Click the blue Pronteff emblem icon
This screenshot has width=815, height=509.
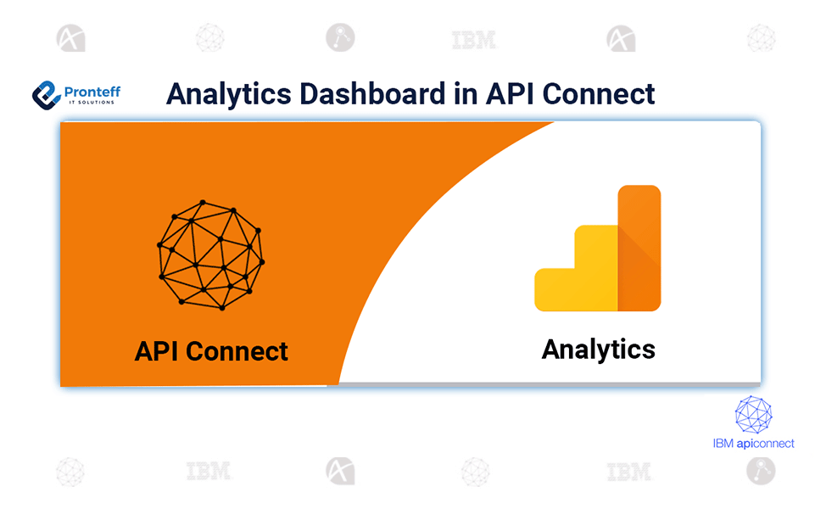coord(47,95)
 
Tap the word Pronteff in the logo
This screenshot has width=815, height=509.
coord(92,92)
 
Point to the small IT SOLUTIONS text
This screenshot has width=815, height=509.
coord(92,103)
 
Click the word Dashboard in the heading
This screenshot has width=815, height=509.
coord(372,93)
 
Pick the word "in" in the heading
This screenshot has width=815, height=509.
coord(466,94)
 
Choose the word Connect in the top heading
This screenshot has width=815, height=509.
coord(598,94)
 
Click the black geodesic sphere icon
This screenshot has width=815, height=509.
coord(210,255)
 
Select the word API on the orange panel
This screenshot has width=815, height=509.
coord(156,351)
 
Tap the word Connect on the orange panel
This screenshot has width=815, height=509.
coord(237,351)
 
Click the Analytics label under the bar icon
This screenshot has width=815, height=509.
coord(598,350)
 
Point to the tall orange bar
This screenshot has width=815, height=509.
coord(639,248)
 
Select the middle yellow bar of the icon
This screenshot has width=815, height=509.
coord(596,268)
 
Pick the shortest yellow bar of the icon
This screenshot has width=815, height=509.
coord(555,289)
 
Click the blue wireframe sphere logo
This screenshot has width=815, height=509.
coord(753,414)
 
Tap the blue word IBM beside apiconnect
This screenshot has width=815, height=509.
coord(723,444)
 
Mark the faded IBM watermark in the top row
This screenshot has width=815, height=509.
coord(474,40)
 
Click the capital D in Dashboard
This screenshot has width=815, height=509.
coord(310,94)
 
